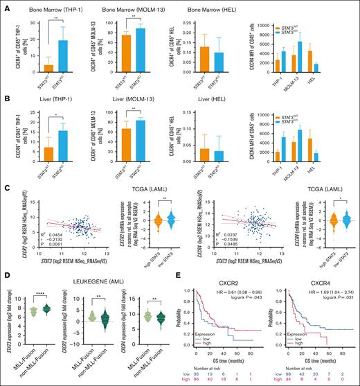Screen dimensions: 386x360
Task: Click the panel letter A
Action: (6, 5)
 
